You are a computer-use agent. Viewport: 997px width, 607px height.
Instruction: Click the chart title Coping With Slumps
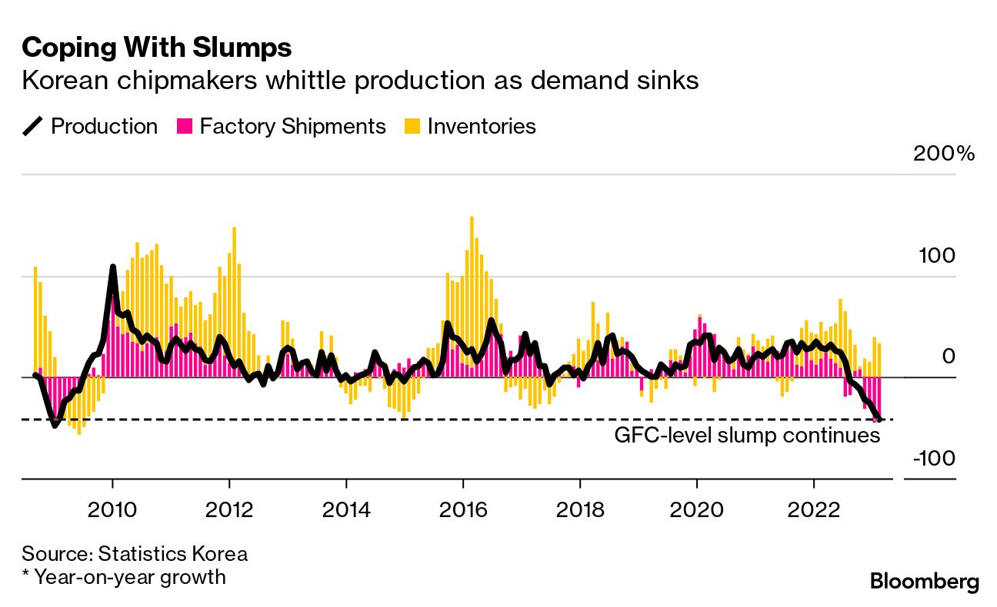(157, 48)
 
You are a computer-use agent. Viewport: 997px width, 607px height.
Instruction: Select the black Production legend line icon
(33, 126)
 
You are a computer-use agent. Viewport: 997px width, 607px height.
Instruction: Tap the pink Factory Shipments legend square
(184, 126)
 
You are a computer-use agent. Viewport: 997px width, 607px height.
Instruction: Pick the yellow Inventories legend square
(412, 126)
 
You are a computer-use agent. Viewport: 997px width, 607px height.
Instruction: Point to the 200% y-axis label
(944, 154)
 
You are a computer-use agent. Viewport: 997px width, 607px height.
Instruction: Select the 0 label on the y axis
(948, 357)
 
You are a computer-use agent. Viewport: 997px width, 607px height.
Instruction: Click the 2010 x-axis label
(112, 509)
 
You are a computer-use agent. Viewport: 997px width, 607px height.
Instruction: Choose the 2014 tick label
(346, 509)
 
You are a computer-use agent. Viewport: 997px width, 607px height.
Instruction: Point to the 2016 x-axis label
(463, 509)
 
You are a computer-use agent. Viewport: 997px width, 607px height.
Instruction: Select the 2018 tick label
(579, 509)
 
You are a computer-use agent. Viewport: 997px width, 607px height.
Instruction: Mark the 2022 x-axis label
(813, 509)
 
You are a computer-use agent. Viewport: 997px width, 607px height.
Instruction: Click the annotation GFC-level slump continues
(746, 436)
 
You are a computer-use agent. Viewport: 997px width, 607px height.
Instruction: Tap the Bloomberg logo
(925, 582)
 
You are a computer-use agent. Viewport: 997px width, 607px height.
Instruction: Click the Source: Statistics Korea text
(135, 554)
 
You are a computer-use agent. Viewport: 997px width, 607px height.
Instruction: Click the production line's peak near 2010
(113, 267)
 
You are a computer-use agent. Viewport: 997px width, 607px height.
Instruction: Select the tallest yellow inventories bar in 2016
(472, 218)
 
